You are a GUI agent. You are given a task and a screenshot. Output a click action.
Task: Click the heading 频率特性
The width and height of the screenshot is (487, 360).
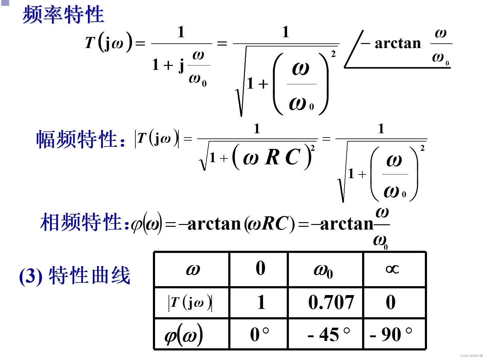[x=63, y=15]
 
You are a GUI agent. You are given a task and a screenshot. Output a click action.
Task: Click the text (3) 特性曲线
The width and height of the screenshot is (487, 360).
[x=75, y=275]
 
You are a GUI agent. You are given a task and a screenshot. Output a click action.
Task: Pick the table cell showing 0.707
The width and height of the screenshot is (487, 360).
[x=331, y=302]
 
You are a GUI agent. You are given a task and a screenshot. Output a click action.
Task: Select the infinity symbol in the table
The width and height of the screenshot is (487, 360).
[x=392, y=269]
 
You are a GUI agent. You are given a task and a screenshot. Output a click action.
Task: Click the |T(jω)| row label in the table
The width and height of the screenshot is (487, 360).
[x=190, y=303]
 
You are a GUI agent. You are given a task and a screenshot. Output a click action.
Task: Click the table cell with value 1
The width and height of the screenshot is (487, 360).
[x=261, y=302]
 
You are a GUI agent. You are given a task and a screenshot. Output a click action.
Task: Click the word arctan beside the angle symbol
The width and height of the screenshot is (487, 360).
[x=397, y=43]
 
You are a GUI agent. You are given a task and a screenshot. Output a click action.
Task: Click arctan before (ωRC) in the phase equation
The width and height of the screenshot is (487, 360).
[x=214, y=224]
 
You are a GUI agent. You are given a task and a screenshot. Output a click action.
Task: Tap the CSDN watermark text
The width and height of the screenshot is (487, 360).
[x=471, y=356]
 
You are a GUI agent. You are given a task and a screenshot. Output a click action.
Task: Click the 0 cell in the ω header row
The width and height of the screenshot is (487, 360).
[x=260, y=268]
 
